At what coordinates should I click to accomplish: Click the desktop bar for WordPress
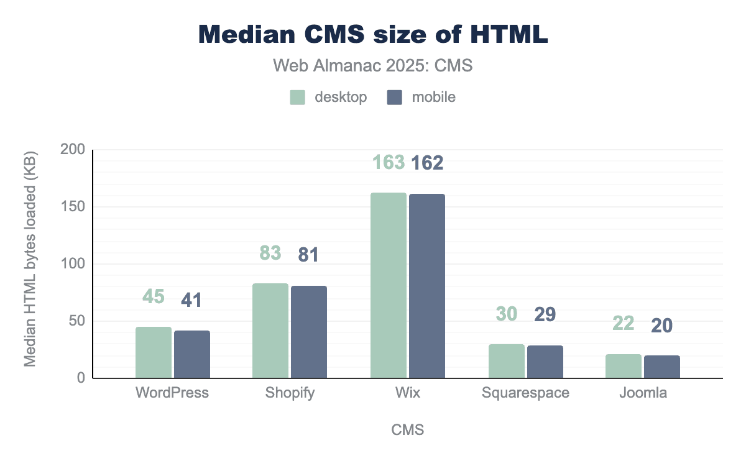coord(154,352)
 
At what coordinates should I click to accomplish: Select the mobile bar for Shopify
coord(309,332)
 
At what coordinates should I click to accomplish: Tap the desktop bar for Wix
coord(389,285)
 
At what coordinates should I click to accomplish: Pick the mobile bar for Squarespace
coord(545,362)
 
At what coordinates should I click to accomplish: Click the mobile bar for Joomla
coord(662,367)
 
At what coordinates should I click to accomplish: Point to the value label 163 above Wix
coord(389,162)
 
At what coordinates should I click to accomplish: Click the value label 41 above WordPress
coord(191,301)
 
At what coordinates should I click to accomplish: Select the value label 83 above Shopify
coord(270,253)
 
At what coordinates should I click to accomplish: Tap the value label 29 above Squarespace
coord(545,314)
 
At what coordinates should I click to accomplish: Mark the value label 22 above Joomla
coord(623,323)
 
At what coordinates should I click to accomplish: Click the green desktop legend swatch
coord(298,98)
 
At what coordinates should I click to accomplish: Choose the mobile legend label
coord(433,98)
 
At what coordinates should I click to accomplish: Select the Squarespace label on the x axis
coord(526,393)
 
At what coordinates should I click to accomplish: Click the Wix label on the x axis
coord(407,393)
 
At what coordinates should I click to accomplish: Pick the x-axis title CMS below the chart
coord(408,430)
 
